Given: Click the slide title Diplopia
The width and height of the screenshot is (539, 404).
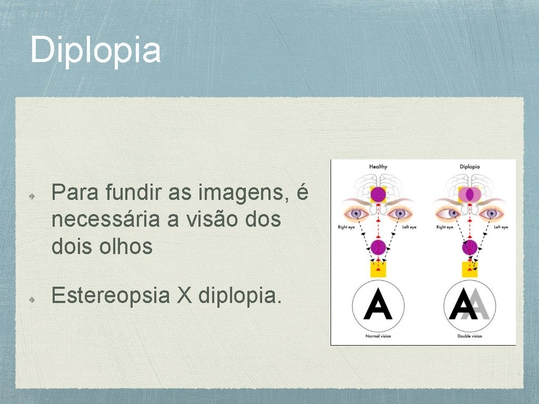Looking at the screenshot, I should [x=95, y=49].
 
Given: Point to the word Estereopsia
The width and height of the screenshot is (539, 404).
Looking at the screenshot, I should [x=110, y=297].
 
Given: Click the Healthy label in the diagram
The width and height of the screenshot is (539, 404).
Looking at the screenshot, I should [x=378, y=167].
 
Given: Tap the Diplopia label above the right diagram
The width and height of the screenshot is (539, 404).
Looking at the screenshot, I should [x=470, y=167].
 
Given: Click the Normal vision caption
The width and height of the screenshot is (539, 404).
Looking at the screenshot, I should [x=378, y=336].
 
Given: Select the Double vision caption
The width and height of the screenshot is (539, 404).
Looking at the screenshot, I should [x=470, y=336].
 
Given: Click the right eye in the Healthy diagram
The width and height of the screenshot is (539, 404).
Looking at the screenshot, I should [x=357, y=214].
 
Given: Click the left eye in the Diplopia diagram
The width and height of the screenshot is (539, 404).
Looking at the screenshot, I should [x=491, y=214].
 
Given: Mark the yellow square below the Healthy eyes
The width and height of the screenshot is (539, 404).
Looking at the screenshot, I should [x=378, y=269].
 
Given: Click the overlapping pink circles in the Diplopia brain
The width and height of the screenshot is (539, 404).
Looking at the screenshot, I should [x=470, y=195].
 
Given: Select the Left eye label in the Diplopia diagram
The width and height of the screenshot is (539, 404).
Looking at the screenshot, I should [x=501, y=227].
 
